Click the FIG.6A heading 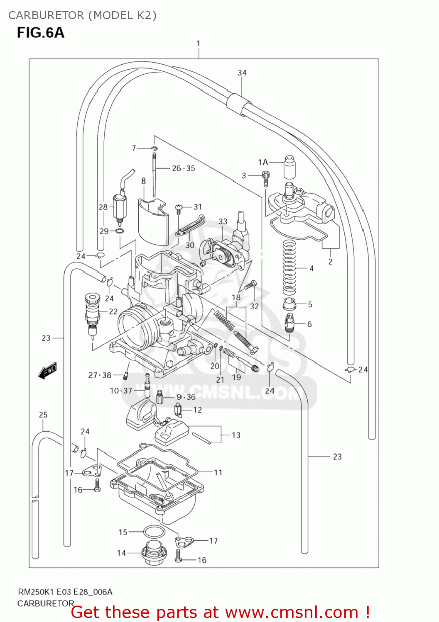click(x=40, y=32)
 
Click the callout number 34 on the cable click(x=242, y=73)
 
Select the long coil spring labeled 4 click(x=289, y=268)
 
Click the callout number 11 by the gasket click(x=218, y=472)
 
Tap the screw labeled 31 click(x=179, y=207)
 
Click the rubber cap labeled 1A click(x=289, y=166)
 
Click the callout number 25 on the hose click(x=43, y=415)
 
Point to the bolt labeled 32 click(x=250, y=285)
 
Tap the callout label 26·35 click(x=183, y=168)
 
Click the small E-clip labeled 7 click(x=154, y=148)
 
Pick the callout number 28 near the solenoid click(x=103, y=207)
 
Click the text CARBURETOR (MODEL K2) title click(x=82, y=15)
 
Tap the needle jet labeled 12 click(x=178, y=410)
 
